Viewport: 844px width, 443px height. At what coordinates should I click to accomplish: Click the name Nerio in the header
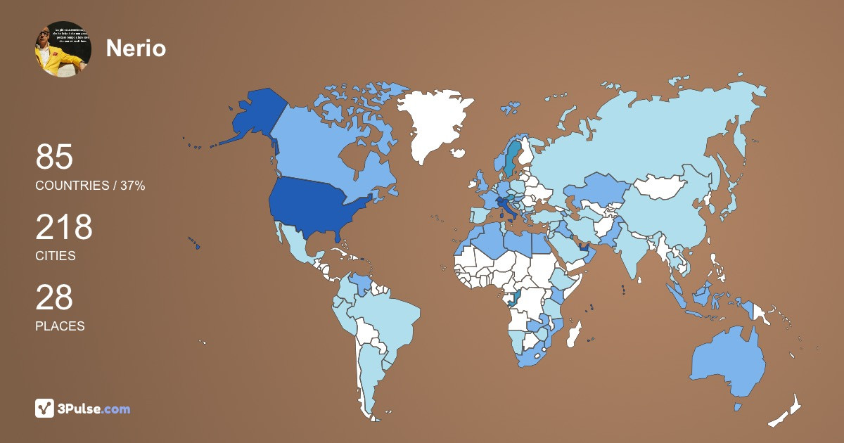click(x=136, y=49)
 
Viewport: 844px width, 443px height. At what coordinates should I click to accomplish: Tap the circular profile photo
click(x=63, y=49)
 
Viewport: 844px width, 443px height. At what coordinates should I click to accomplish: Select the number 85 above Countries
click(x=54, y=157)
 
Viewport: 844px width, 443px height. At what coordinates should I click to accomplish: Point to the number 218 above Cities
click(x=64, y=227)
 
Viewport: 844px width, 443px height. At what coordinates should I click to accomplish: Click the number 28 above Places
click(x=54, y=297)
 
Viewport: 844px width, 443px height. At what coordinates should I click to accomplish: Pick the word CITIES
click(x=56, y=256)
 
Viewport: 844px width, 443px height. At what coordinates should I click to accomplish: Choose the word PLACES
click(x=60, y=326)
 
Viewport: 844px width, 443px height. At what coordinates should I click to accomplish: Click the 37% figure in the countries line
click(x=132, y=186)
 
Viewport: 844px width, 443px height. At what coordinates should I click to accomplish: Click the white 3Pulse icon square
click(x=45, y=409)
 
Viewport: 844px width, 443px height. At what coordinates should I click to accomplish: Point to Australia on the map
click(x=728, y=362)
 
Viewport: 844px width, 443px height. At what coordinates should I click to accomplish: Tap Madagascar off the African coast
click(x=575, y=334)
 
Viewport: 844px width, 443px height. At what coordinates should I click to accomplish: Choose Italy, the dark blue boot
click(x=506, y=208)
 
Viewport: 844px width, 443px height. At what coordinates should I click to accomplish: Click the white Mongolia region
click(x=661, y=187)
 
